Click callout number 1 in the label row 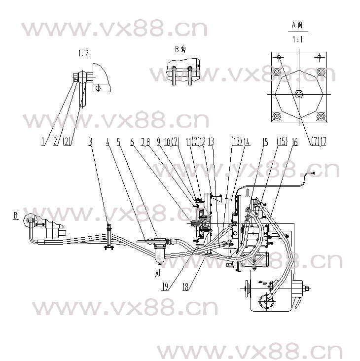pyautogui.click(x=43, y=142)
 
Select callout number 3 pyautogui.click(x=90, y=142)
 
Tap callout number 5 pyautogui.click(x=119, y=142)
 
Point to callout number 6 pyautogui.click(x=132, y=142)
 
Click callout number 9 pyautogui.click(x=159, y=142)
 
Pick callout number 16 pyautogui.click(x=294, y=142)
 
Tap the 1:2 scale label pyautogui.click(x=83, y=53)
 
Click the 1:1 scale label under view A pyautogui.click(x=297, y=38)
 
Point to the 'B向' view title pyautogui.click(x=180, y=49)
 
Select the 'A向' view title pyautogui.click(x=297, y=24)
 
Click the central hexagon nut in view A pyautogui.click(x=298, y=94)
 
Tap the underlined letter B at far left pyautogui.click(x=16, y=216)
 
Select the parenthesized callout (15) pyautogui.click(x=282, y=142)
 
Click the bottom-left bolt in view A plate pyautogui.click(x=276, y=117)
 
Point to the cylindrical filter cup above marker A pyautogui.click(x=159, y=255)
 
